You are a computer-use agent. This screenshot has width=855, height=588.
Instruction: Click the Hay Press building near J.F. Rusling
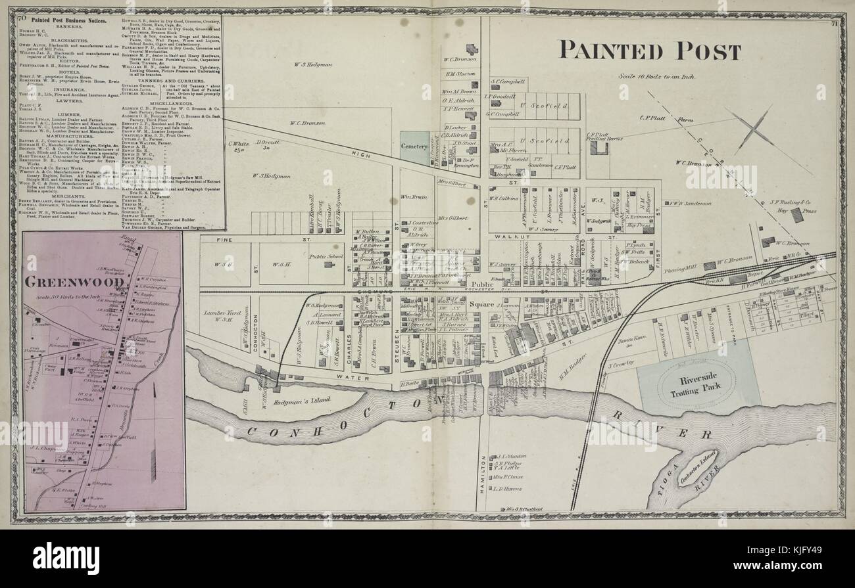tap(796, 215)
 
